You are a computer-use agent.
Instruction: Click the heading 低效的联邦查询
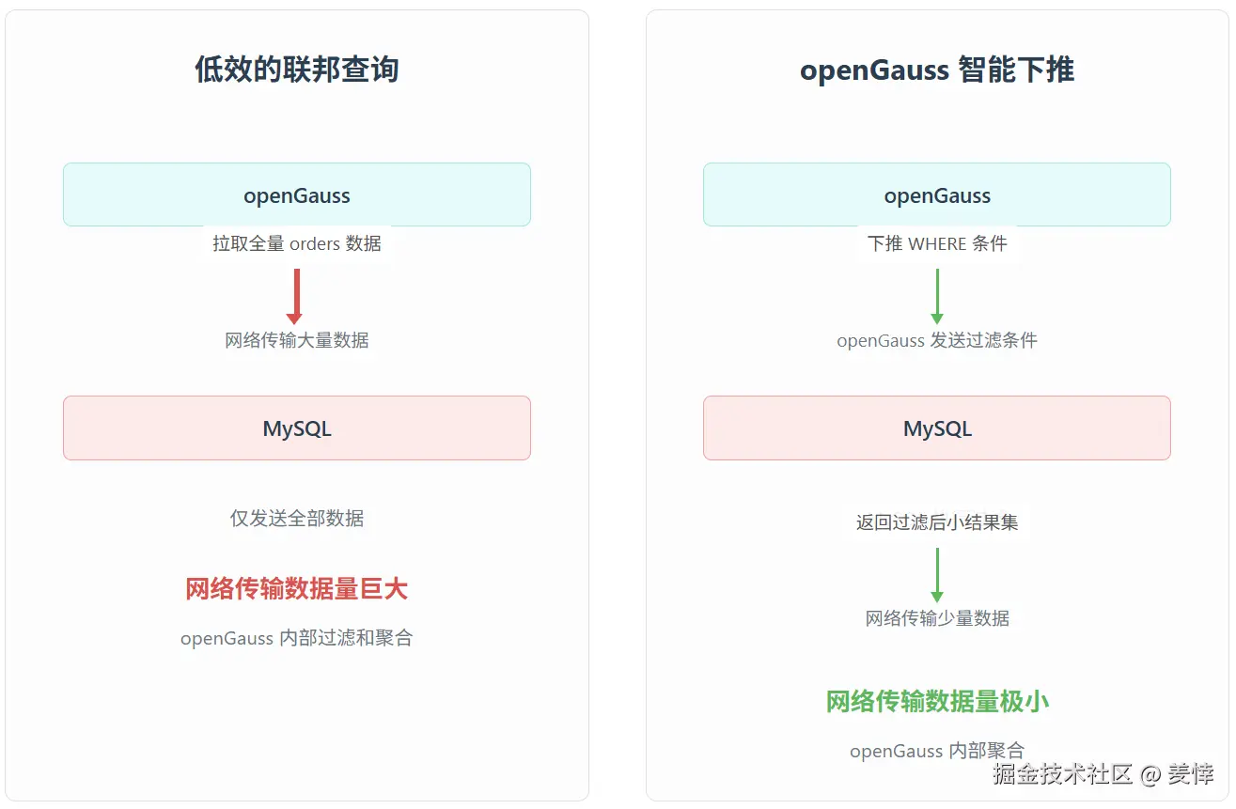click(297, 70)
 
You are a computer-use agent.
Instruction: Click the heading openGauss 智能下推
click(937, 70)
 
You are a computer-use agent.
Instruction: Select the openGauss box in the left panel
click(297, 195)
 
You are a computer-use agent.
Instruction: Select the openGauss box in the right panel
click(937, 195)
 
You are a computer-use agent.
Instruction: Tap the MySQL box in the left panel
click(297, 428)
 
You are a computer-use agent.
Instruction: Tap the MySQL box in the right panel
click(937, 428)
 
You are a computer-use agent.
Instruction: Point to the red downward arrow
click(296, 296)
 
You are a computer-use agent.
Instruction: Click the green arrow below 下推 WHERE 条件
click(937, 296)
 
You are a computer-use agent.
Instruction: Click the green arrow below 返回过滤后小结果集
click(937, 574)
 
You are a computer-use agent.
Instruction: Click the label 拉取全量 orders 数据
click(297, 244)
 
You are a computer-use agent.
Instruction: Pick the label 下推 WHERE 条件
click(937, 244)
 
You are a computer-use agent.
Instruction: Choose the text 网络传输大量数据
click(297, 340)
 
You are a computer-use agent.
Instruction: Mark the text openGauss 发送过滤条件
click(937, 340)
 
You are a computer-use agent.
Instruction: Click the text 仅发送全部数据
click(297, 519)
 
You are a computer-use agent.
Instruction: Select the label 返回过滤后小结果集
click(937, 522)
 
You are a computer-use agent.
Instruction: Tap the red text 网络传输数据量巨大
click(297, 589)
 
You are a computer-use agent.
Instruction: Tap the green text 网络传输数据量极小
click(937, 701)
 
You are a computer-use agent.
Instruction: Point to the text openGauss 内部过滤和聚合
click(297, 639)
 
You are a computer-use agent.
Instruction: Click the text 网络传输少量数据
click(937, 618)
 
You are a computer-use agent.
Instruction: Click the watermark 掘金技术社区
click(1062, 774)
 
